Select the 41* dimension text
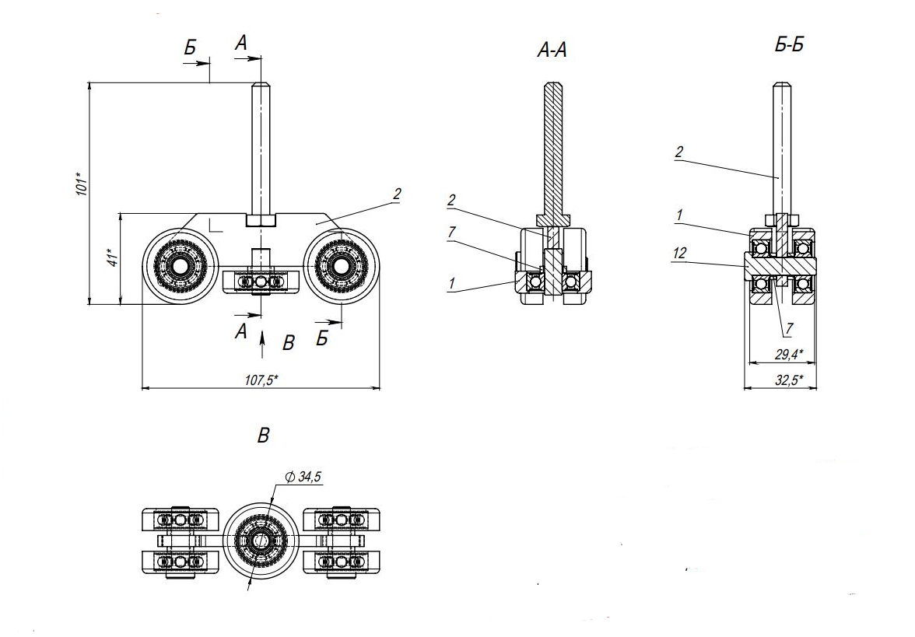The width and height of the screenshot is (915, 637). click(112, 258)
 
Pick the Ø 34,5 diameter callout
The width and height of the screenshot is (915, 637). click(303, 478)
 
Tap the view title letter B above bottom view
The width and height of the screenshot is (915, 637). click(263, 436)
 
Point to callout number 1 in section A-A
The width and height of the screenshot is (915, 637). click(451, 285)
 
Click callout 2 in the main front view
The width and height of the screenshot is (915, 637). click(397, 194)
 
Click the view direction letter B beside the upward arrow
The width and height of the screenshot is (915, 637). click(289, 343)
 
